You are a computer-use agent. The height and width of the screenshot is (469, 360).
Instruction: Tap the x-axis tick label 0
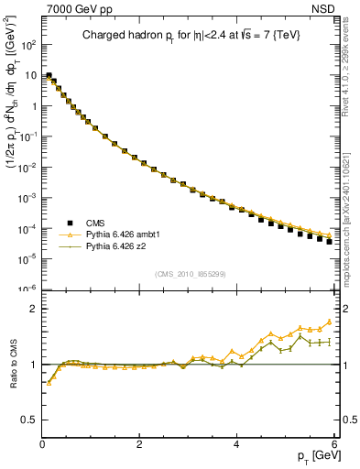point(42,444)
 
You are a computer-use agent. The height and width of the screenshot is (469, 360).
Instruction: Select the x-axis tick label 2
point(139,444)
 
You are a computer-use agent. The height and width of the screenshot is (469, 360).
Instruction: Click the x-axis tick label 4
point(236,444)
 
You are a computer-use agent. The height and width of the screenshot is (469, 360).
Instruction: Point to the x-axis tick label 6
point(333,444)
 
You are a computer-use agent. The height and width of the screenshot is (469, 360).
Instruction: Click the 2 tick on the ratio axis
point(33,309)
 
